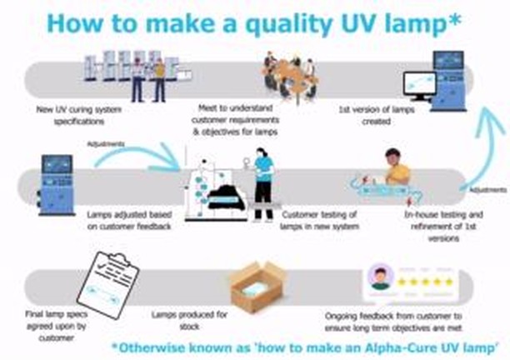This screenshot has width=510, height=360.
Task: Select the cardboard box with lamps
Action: tap(257, 286)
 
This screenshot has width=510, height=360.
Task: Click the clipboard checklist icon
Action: tap(108, 285)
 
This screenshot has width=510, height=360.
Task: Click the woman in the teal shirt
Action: tap(263, 184)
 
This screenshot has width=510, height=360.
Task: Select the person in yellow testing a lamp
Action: tap(397, 167)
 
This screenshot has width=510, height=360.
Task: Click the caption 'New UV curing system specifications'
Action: tap(78, 116)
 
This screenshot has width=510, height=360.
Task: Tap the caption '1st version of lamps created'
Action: tap(377, 116)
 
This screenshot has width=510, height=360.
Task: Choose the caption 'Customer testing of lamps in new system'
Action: tap(319, 221)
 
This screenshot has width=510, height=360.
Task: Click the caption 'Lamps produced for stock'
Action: tap(189, 320)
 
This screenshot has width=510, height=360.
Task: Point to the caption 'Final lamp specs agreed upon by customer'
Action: tap(57, 326)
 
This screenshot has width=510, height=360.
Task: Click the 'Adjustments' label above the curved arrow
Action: tap(106, 143)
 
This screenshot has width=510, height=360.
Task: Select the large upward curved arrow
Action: tap(485, 147)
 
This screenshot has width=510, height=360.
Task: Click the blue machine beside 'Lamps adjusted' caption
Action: tap(56, 185)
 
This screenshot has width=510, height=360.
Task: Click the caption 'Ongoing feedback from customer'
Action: tap(393, 322)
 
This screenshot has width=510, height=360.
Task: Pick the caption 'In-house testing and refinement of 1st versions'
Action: tap(443, 227)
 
